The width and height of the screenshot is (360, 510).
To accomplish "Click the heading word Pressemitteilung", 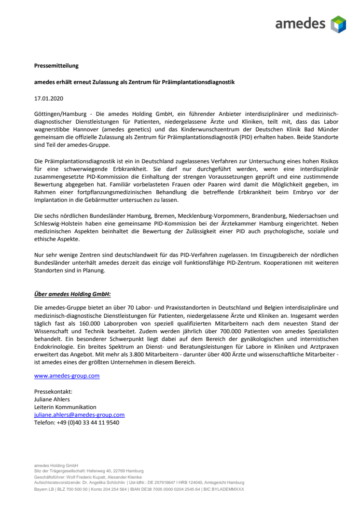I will click(x=56, y=65).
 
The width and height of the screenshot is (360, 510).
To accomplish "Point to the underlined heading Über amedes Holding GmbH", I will click(x=72, y=293).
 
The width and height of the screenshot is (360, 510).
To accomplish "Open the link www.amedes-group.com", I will click(x=67, y=375).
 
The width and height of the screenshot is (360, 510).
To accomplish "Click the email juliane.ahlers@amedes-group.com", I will click(x=79, y=415).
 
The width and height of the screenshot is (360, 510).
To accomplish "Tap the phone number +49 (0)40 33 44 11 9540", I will click(x=77, y=423).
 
